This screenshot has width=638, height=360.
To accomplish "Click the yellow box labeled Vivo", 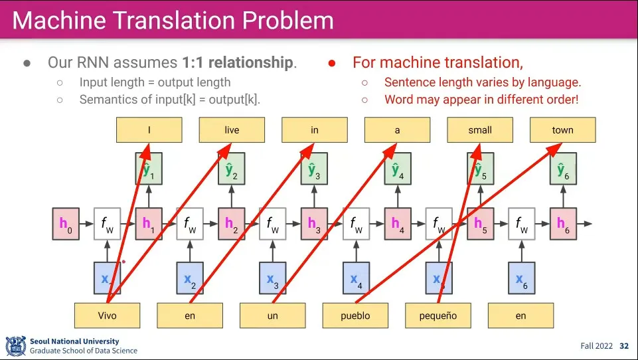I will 107,315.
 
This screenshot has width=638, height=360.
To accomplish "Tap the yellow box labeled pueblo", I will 355,315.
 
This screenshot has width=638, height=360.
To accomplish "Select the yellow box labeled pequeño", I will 438,315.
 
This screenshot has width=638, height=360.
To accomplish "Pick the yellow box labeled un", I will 273,315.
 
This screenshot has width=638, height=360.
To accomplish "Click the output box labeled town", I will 562,130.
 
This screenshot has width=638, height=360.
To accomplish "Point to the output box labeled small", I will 480,130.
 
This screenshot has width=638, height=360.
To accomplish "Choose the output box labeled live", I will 232,130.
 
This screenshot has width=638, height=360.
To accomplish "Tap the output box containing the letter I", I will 149,130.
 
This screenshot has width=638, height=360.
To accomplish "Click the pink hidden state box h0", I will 65,225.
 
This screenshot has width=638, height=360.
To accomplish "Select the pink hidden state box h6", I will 563,225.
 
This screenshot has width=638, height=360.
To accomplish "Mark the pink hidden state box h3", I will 314,225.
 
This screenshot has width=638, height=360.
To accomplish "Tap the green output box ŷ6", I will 562,171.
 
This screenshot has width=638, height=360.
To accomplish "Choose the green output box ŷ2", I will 231,171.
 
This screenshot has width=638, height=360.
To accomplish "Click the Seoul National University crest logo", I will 15,346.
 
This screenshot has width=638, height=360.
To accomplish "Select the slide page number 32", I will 624,346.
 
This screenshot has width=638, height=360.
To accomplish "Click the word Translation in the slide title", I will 189,21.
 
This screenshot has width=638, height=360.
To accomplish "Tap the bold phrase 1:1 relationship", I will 237,63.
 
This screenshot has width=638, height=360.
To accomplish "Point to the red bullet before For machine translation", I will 332,64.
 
